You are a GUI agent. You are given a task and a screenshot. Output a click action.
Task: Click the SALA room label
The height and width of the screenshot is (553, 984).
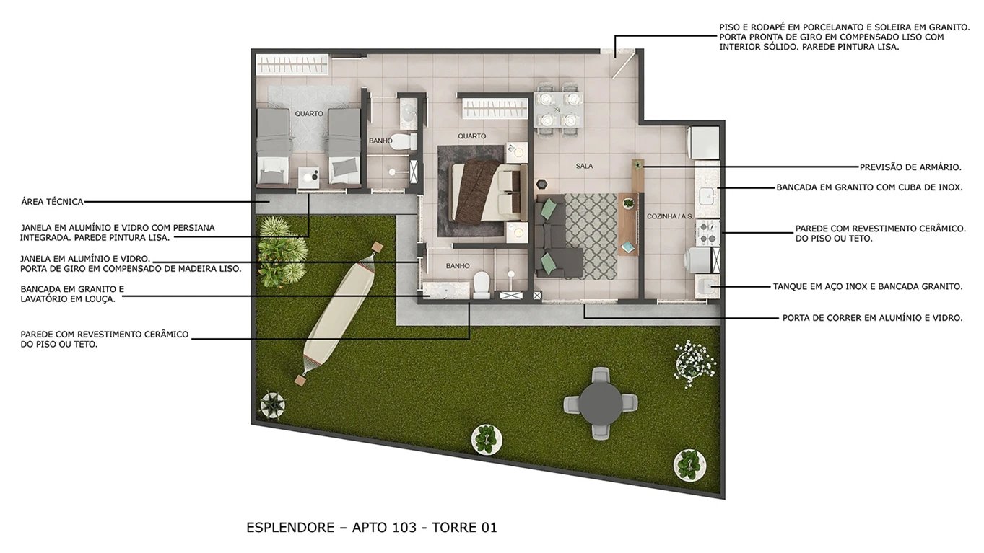(x=584, y=166)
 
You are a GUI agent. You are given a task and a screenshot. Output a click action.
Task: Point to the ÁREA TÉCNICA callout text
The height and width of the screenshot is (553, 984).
(x=53, y=202)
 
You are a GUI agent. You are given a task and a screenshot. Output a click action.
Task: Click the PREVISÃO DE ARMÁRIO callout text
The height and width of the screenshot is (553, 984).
(x=910, y=167)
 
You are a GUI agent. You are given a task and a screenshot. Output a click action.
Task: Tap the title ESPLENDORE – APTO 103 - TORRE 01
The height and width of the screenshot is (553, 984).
(x=372, y=528)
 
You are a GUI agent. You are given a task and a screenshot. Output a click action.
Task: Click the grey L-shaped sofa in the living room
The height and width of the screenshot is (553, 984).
(x=552, y=238)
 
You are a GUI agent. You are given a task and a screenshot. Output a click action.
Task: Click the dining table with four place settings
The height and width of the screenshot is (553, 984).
(x=558, y=109)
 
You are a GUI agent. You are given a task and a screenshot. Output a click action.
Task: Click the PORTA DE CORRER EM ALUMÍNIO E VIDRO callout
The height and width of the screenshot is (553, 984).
(x=872, y=317)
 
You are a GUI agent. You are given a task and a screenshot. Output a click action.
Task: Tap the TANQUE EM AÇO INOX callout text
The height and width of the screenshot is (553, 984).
(x=867, y=286)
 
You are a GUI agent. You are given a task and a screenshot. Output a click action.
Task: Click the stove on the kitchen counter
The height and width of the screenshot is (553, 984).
(x=707, y=231)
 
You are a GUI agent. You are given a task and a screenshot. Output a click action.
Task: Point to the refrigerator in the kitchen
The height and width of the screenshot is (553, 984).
(x=704, y=142)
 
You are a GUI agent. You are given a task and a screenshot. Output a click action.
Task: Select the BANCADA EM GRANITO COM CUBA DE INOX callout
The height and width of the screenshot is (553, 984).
(x=868, y=187)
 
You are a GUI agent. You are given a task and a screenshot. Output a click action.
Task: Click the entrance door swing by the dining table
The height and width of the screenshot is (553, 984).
(x=619, y=61)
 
